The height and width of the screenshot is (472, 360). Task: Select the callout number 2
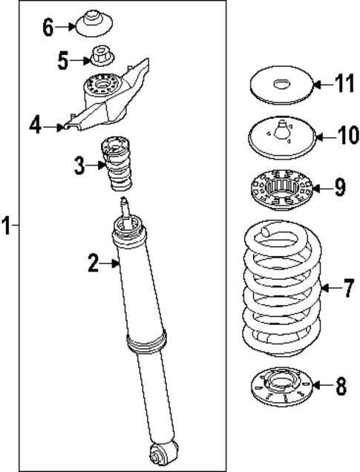coord(94,261)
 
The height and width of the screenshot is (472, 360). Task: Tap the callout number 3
coord(79,165)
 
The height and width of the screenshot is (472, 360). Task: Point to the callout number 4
coord(35,127)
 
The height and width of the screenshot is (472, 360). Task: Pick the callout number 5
coord(64,59)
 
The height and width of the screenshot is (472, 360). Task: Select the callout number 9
coord(339,187)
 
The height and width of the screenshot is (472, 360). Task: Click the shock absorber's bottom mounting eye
coord(163,453)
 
